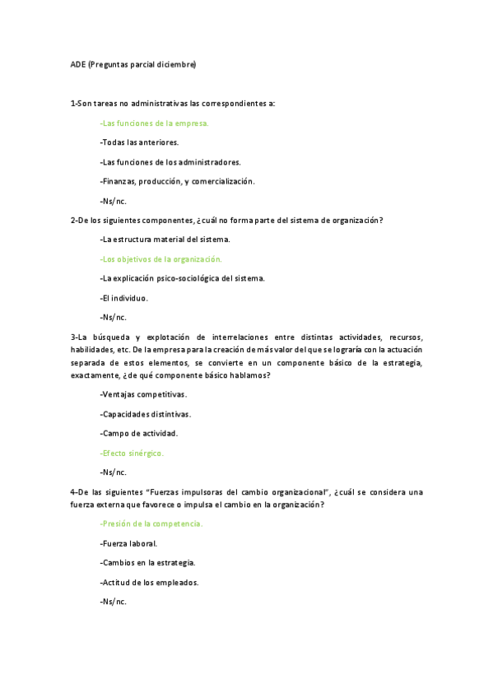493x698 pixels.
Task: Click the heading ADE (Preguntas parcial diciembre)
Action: [x=133, y=64]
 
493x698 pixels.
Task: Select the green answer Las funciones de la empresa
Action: [x=154, y=123]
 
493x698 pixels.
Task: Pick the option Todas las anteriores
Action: [x=139, y=142]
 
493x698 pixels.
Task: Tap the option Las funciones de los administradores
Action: [x=170, y=162]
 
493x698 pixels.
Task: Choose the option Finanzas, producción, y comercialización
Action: [x=177, y=181]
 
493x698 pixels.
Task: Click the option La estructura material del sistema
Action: [x=165, y=240]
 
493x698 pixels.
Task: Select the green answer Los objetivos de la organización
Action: [x=160, y=259]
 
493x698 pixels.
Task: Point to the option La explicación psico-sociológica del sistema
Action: [x=182, y=278]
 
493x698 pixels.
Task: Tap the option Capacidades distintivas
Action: [x=145, y=414]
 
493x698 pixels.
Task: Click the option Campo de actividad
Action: [x=138, y=433]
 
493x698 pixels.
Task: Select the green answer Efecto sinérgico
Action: [x=132, y=453]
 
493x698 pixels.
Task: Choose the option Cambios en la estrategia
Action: [x=147, y=563]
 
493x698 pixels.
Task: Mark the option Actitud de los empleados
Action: [x=149, y=582]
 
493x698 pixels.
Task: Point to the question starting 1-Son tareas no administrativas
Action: [x=173, y=103]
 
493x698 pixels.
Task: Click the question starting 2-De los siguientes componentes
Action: [x=226, y=220]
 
